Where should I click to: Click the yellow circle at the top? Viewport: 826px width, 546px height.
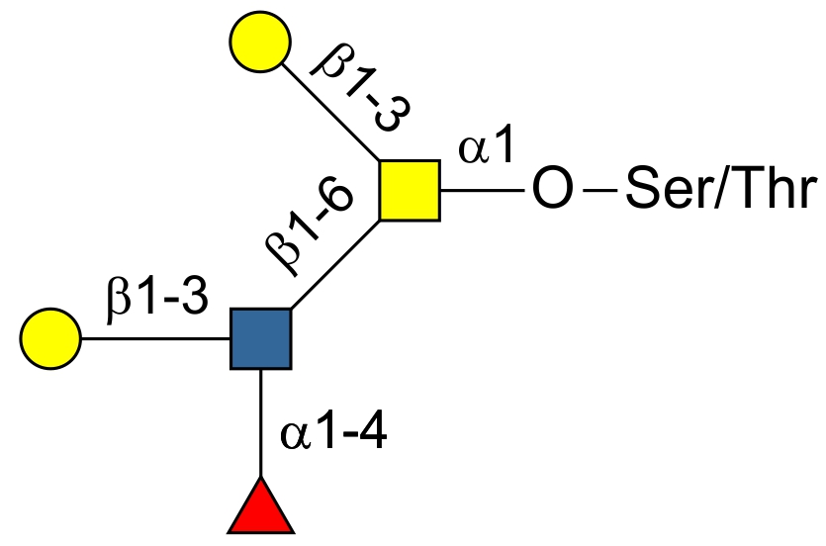[259, 43]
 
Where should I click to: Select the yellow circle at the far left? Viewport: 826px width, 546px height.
[49, 338]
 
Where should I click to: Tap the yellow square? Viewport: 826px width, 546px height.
[410, 190]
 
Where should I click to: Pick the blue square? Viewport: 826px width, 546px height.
[260, 338]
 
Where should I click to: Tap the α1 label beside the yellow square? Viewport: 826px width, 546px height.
[486, 148]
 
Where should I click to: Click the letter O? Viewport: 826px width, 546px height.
[550, 191]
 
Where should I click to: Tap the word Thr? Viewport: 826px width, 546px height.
[775, 191]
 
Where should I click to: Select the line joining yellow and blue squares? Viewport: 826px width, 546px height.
[336, 264]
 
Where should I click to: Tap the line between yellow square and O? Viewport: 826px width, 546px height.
[480, 190]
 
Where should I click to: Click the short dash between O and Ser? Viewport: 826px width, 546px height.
[598, 191]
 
